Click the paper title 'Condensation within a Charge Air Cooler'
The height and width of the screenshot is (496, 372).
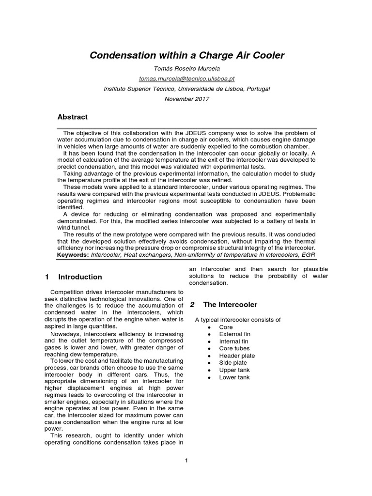tap(187, 56)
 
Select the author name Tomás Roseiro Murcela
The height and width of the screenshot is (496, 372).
tap(187, 69)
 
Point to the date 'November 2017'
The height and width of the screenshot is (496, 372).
tap(187, 99)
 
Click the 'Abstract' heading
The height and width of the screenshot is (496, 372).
tap(73, 117)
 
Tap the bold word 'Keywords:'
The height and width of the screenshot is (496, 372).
tap(73, 254)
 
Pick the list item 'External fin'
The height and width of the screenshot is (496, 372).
tap(234, 334)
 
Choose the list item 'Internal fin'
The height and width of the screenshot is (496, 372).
tap(233, 341)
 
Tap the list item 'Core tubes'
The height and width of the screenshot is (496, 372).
tap(234, 349)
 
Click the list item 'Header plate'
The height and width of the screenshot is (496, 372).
tap(237, 356)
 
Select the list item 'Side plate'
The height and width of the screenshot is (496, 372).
tap(233, 363)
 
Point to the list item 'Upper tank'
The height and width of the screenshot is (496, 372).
tap(234, 370)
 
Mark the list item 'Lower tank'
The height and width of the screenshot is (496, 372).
tap(234, 377)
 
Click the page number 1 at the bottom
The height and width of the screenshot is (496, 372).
tap(186, 461)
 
